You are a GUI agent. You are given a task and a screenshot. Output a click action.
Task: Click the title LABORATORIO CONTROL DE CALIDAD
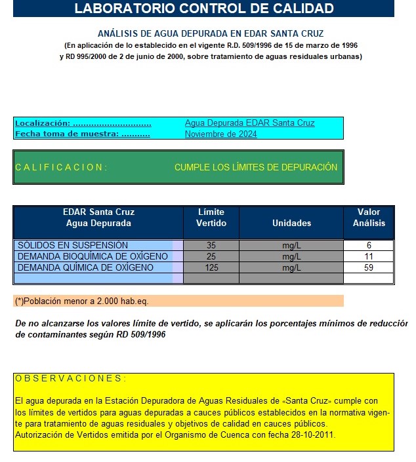[x=204, y=9]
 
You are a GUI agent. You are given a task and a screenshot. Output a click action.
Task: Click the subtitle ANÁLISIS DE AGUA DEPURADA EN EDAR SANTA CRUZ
[x=211, y=33]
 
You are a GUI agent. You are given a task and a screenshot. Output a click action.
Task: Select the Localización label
[x=83, y=123]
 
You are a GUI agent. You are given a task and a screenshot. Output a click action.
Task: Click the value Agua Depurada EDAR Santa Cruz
[x=249, y=123]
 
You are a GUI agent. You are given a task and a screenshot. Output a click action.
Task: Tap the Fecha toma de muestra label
[x=82, y=134]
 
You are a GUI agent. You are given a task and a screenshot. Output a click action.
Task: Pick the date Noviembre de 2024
[x=220, y=134]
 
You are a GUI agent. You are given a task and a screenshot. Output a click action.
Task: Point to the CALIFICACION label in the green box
[x=60, y=167]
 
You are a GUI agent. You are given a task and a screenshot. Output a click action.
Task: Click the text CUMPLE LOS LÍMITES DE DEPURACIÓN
[x=255, y=167]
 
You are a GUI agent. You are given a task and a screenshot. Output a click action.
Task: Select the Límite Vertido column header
[x=211, y=218]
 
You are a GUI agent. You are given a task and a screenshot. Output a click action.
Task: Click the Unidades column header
[x=291, y=223]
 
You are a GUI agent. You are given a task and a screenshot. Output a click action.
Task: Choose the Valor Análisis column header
[x=369, y=218]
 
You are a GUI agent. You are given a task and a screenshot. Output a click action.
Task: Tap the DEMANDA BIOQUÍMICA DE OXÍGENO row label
[x=93, y=256]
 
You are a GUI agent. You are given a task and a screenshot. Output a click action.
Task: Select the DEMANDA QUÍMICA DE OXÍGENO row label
[x=85, y=267]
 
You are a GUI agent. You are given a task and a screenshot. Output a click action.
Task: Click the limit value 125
[x=211, y=267]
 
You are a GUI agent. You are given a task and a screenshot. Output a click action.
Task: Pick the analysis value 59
[x=369, y=267]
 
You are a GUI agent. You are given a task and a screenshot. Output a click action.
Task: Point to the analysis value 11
[x=369, y=256]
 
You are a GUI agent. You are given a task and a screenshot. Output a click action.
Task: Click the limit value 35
[x=211, y=245]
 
